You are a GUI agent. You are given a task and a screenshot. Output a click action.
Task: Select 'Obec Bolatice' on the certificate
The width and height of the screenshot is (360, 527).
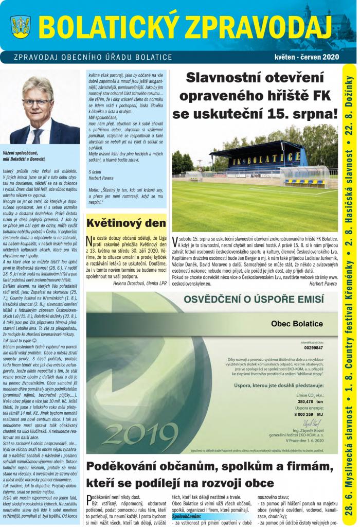click(297, 324)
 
